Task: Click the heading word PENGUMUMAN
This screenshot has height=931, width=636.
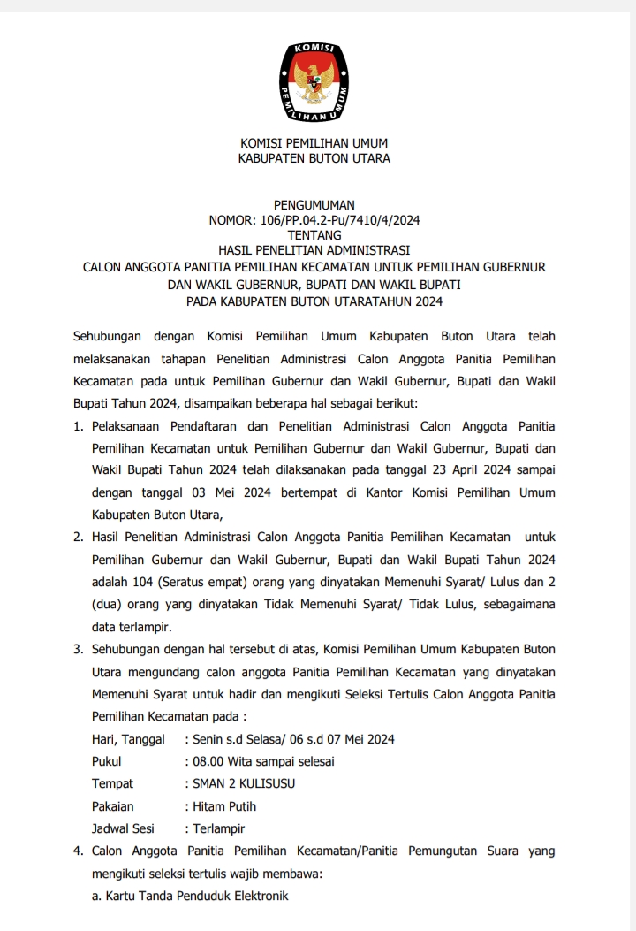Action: [x=314, y=205]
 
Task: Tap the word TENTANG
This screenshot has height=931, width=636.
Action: [x=314, y=235]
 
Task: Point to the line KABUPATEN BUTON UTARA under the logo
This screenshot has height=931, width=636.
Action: [x=314, y=158]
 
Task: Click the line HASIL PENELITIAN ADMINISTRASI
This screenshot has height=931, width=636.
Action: [x=314, y=250]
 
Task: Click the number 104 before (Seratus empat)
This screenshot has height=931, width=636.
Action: [x=141, y=583]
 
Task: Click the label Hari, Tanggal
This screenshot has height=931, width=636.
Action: [x=128, y=739]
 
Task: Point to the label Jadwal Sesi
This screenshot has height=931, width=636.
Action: [x=123, y=828]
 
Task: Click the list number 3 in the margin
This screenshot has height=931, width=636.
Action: [x=78, y=649]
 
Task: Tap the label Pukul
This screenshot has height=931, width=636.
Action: [x=107, y=761]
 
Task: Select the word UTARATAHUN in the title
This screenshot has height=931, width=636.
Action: [x=374, y=301]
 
